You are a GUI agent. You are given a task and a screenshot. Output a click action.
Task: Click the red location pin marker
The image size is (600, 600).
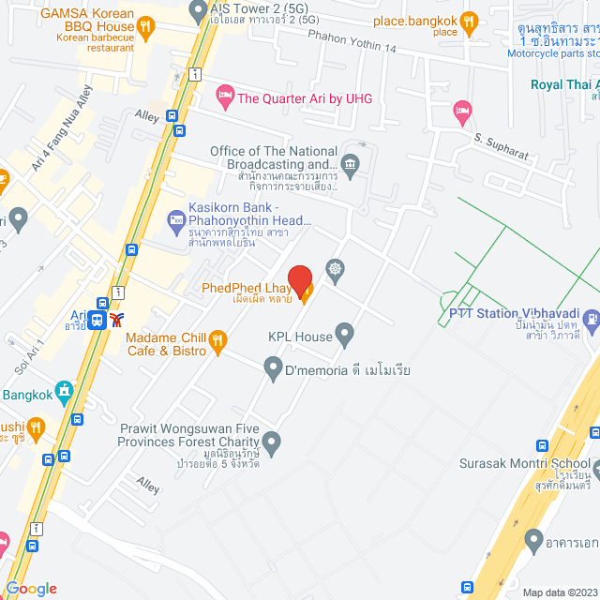click(299, 279)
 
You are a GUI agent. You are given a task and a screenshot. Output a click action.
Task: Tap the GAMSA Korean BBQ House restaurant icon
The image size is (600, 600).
click(144, 27)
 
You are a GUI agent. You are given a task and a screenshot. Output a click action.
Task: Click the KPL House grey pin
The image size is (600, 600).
click(345, 332)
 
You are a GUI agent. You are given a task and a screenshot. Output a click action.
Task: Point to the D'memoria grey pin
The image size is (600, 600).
click(273, 367)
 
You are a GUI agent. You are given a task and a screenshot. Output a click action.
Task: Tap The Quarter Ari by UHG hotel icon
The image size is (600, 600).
click(224, 95)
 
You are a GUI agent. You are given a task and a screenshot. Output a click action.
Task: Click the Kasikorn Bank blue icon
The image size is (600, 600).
click(175, 221)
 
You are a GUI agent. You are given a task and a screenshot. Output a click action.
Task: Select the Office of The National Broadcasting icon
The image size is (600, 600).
click(350, 166)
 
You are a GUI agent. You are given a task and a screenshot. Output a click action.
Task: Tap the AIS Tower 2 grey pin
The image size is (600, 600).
click(197, 11)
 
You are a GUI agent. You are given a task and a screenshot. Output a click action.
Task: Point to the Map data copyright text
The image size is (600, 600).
click(559, 592)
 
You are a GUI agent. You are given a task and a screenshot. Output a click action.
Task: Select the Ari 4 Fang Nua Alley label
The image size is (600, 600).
click(62, 128)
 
